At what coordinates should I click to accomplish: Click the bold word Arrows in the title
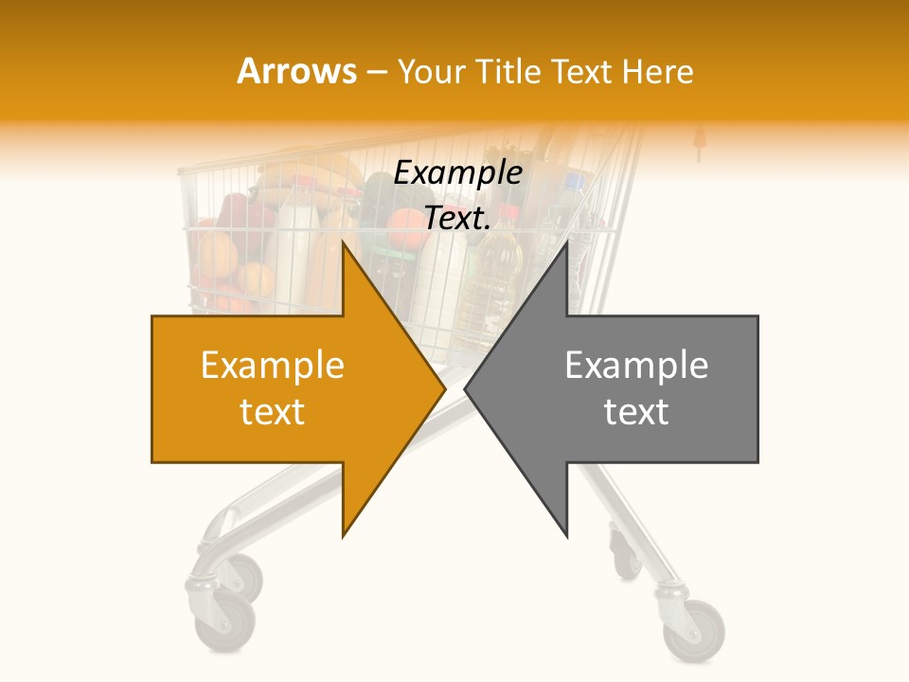coord(297,71)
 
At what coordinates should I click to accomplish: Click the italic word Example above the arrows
coord(457,173)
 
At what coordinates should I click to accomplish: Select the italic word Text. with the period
coord(457,219)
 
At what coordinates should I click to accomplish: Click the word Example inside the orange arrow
coord(273,366)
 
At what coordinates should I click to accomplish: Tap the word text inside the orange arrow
coord(273,412)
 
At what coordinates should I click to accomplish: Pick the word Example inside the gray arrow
coord(636,366)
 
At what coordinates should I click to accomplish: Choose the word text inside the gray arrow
coord(636,412)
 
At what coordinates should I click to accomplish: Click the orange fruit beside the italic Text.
coord(405,227)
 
